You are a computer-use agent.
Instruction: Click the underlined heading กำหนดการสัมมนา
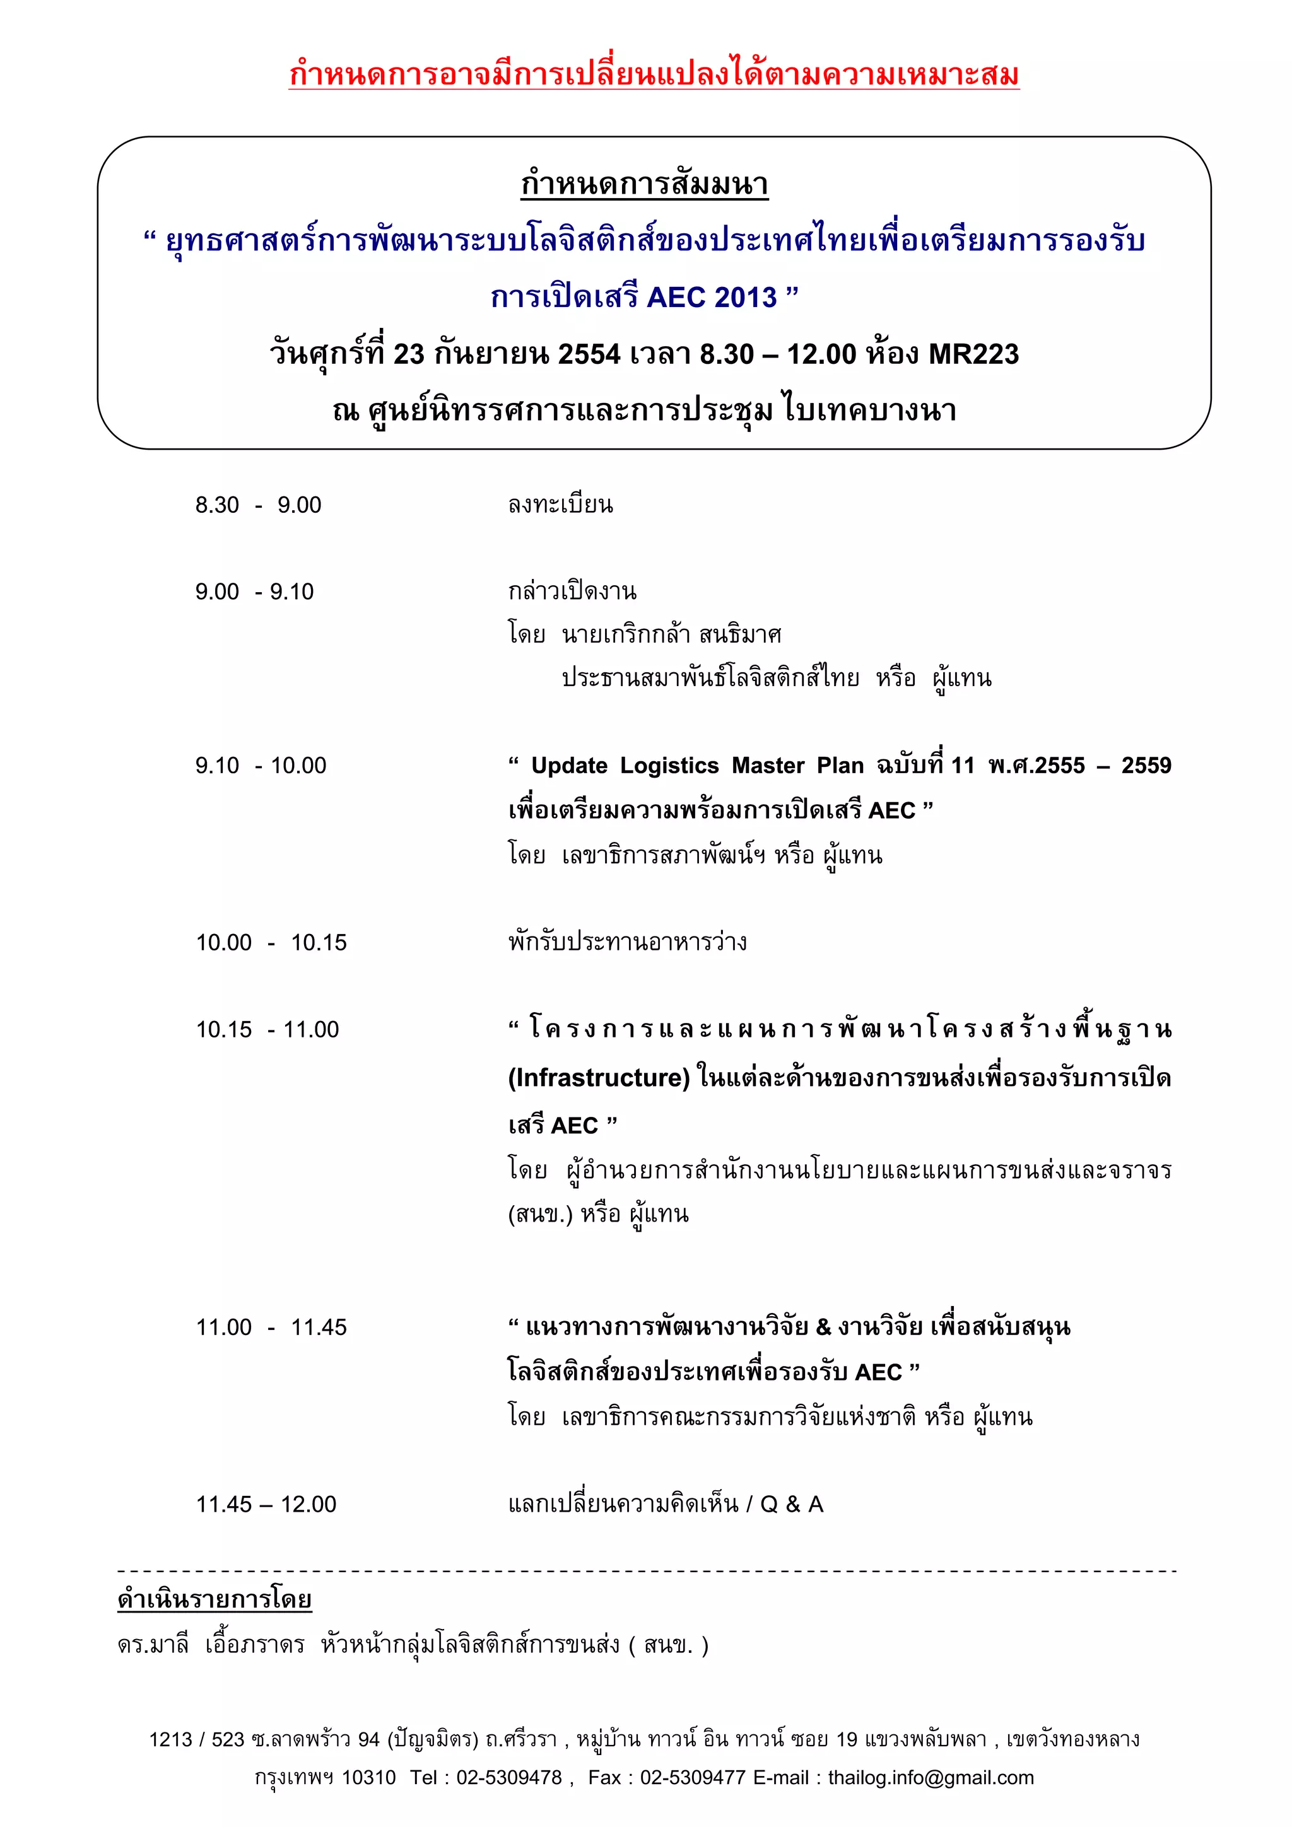point(644,184)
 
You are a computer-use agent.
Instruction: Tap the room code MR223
point(973,354)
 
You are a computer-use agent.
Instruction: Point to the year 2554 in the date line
point(589,354)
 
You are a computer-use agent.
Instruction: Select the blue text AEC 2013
point(712,298)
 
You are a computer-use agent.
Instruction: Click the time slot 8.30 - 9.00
point(258,505)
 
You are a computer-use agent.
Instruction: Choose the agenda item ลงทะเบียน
point(560,505)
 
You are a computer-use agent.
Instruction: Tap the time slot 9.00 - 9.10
point(255,592)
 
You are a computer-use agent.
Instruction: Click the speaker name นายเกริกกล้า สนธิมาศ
point(671,635)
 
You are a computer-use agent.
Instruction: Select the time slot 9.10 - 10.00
point(261,766)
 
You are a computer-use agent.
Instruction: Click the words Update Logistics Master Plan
point(696,766)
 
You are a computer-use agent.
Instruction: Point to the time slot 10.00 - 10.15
point(271,943)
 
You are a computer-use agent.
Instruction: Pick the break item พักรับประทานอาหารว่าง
point(627,943)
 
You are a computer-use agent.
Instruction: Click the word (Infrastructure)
point(599,1078)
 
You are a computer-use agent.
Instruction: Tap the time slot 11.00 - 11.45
point(271,1328)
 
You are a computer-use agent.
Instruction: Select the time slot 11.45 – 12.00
point(266,1504)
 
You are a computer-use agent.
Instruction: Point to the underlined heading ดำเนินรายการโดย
point(214,1599)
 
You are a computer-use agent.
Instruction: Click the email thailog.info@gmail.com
point(931,1778)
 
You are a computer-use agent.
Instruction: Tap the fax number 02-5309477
point(693,1778)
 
